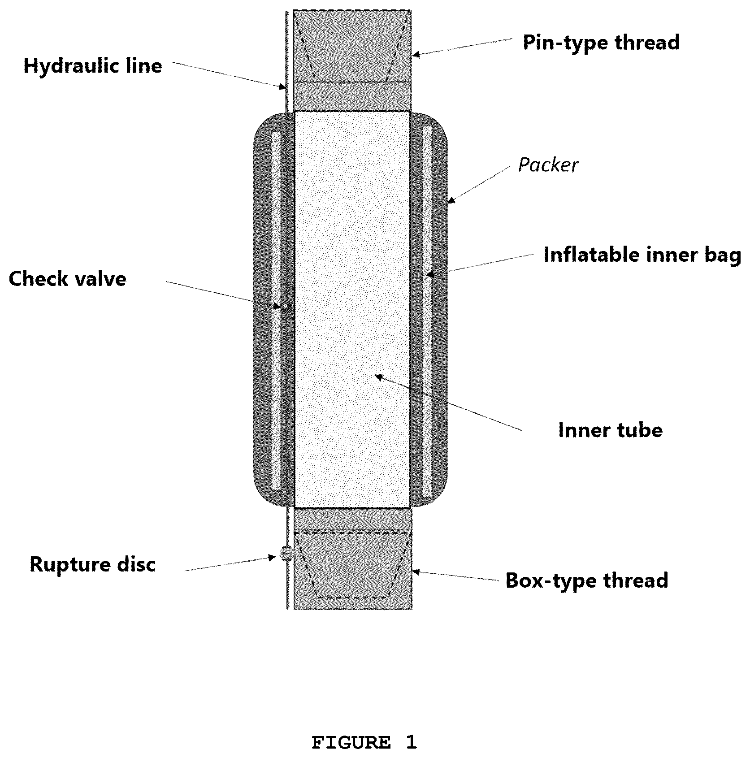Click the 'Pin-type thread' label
coord(601,43)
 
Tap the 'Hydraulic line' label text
coord(93,66)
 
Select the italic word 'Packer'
coord(548,165)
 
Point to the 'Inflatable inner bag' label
coord(642,255)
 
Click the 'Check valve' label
coord(67,279)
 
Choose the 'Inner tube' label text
coord(610,430)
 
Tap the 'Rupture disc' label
coord(92,564)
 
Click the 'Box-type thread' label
coord(587,580)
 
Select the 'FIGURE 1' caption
coord(364,743)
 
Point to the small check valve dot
coord(285,306)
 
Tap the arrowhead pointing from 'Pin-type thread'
coord(416,55)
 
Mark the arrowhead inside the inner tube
coord(379,377)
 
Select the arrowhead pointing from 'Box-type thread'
coord(416,572)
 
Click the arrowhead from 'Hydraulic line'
coord(282,86)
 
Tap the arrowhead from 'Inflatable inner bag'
coord(429,274)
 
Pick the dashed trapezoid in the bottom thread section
coord(352,564)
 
